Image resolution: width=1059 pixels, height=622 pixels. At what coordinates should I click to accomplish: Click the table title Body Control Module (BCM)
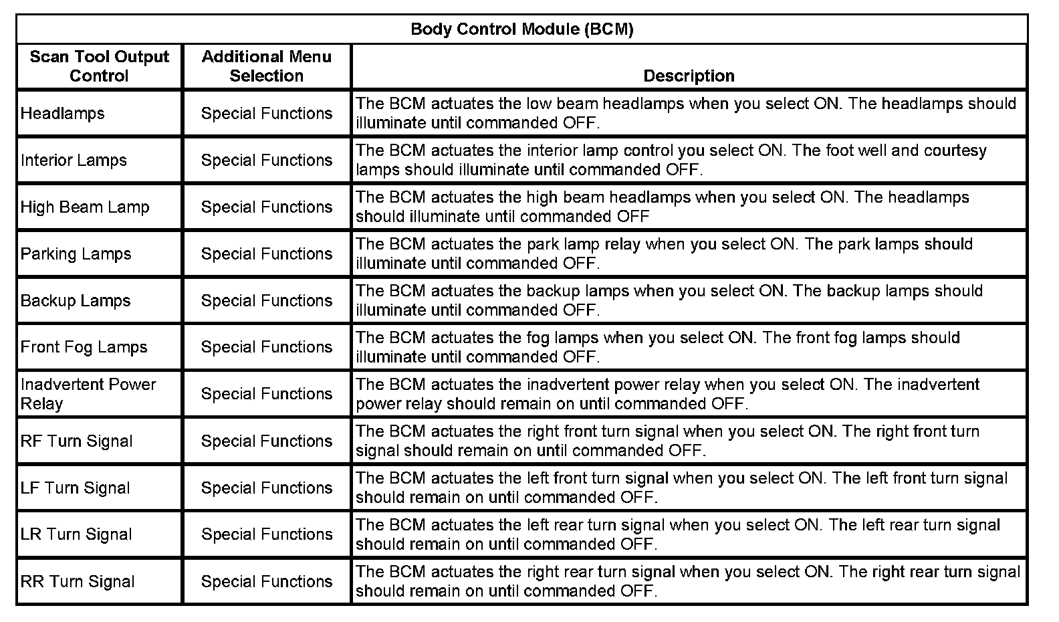coord(521,29)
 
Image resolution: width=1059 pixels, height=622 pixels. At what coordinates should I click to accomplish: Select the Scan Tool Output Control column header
coord(99,66)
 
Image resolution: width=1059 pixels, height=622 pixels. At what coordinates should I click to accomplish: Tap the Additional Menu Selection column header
coord(266,66)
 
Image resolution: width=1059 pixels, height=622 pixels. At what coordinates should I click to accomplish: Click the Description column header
coord(689,76)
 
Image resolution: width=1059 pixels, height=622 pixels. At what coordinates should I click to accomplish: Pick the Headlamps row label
coord(63,114)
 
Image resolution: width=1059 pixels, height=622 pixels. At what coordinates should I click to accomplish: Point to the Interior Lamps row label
coord(74,161)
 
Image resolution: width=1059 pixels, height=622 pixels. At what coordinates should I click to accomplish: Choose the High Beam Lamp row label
coord(85,207)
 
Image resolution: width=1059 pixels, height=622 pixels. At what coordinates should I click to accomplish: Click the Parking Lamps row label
coord(76,254)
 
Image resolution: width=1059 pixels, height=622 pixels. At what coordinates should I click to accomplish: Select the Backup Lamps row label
coord(76,301)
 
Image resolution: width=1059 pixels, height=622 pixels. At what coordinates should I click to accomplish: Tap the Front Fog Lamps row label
coord(84,348)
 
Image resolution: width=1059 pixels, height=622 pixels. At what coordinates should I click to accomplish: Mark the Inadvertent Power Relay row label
coord(88,394)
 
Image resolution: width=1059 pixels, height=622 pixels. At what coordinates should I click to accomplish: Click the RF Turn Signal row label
coord(77,441)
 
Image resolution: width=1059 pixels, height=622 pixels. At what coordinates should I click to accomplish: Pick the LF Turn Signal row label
coord(76,488)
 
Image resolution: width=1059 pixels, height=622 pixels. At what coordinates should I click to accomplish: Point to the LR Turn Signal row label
coord(76,535)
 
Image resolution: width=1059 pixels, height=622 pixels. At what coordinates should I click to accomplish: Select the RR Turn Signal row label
coord(78,582)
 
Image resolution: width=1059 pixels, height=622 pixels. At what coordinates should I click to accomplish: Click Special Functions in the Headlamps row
coord(266,114)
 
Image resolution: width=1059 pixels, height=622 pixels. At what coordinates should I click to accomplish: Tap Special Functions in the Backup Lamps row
coord(266,301)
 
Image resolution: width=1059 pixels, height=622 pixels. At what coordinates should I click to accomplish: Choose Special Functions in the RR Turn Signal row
coord(266,582)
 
